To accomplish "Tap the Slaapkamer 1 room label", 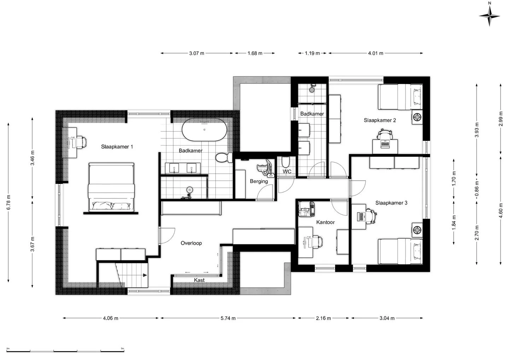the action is (x=117, y=147).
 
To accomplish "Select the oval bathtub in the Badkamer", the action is (x=204, y=129).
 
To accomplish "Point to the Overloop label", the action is (x=191, y=243).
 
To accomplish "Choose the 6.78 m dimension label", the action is (x=8, y=203).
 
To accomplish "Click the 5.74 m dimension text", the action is (x=228, y=318).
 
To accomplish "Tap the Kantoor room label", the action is (x=326, y=222).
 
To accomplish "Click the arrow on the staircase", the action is (x=145, y=275).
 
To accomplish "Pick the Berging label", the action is (x=259, y=181).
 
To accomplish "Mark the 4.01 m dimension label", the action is (x=376, y=53).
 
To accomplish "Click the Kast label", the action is (x=199, y=280).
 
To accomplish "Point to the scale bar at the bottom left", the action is (x=65, y=351).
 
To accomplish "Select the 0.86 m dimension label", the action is (x=477, y=188).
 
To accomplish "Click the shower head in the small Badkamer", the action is (x=312, y=89).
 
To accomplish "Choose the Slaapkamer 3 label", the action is (x=391, y=203).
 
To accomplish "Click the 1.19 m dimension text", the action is (x=312, y=53).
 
